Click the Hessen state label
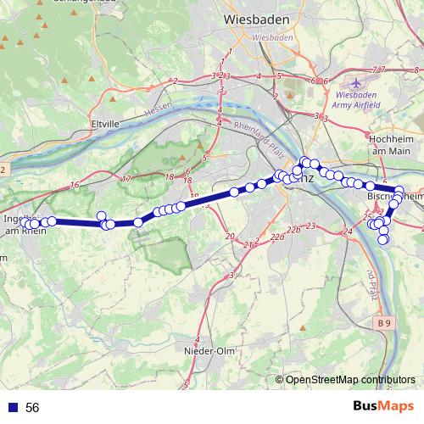pyautogui.click(x=158, y=110)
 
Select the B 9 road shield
pyautogui.click(x=387, y=323)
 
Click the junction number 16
pyautogui.click(x=75, y=184)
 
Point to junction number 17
pyautogui.click(x=126, y=179)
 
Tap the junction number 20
pyautogui.click(x=230, y=234)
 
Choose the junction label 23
pyautogui.click(x=311, y=226)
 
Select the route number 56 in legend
pyautogui.click(x=32, y=408)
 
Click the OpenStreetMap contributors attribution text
pyautogui.click(x=350, y=380)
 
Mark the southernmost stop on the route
pyautogui.click(x=382, y=239)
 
